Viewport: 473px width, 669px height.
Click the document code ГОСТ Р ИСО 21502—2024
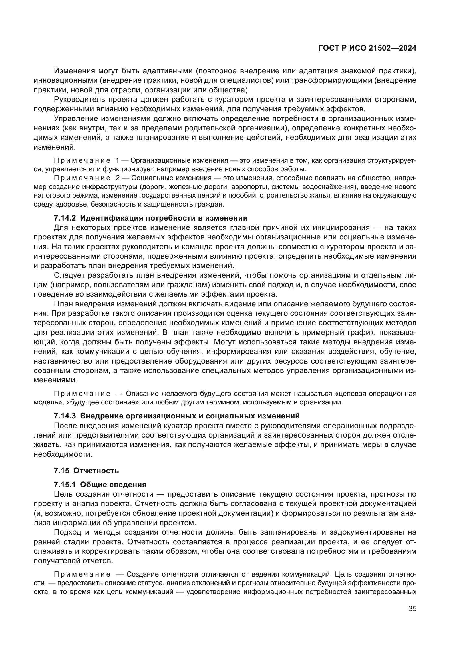pos(367,48)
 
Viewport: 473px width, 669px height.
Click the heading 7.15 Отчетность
pos(86,470)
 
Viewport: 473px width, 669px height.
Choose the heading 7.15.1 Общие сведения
pos(100,485)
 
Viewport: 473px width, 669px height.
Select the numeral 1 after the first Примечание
pos(117,160)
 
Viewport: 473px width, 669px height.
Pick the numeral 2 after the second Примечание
pos(117,178)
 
